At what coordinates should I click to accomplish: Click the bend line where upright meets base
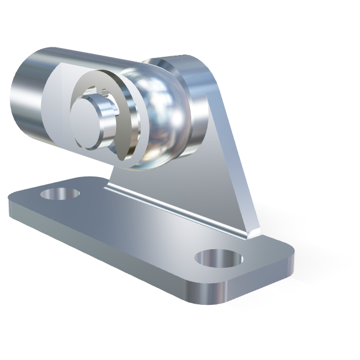176,208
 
